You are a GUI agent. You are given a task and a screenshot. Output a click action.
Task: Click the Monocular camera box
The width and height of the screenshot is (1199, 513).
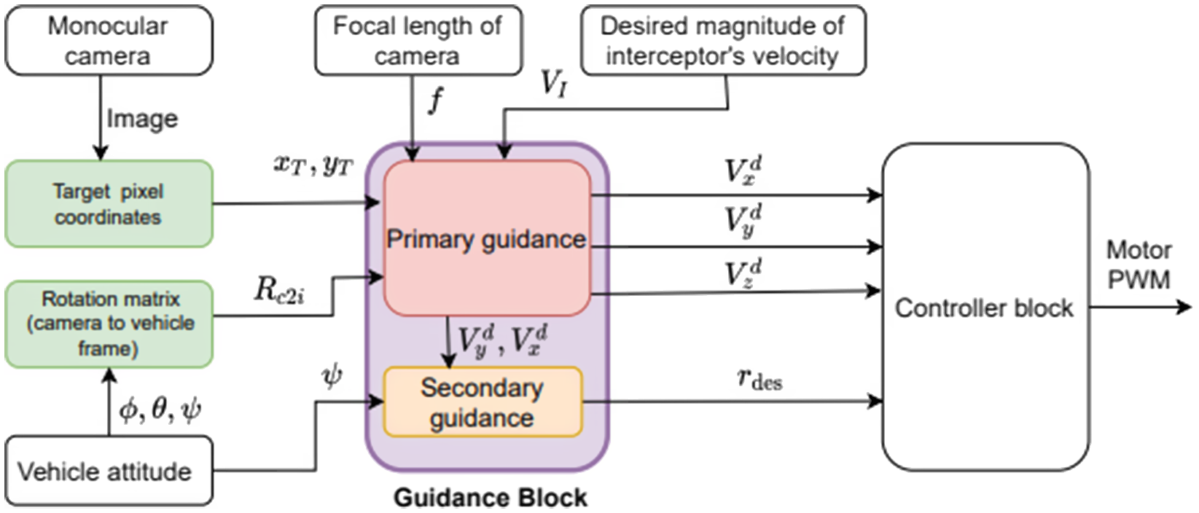click(109, 41)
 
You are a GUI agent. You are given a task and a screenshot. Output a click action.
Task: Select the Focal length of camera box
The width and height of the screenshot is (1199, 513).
click(418, 41)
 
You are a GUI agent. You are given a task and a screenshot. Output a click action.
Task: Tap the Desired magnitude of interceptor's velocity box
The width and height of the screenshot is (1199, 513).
click(722, 41)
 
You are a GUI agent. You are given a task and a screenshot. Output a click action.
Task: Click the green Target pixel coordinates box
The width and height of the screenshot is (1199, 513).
click(109, 204)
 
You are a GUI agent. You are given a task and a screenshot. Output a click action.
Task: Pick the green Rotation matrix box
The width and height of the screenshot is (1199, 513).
click(109, 324)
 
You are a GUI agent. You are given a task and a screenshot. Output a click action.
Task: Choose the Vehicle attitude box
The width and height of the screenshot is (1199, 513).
click(109, 471)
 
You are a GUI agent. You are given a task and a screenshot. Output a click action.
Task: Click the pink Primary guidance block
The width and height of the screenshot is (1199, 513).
click(486, 239)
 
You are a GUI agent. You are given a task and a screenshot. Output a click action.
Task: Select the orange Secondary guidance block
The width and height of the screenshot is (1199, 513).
click(483, 402)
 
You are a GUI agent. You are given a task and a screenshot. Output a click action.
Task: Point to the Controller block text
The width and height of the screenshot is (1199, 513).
click(984, 308)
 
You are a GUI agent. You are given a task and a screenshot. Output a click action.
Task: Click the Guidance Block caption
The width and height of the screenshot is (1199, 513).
click(490, 498)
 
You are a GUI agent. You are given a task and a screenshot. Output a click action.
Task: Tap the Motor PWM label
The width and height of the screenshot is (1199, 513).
click(1139, 265)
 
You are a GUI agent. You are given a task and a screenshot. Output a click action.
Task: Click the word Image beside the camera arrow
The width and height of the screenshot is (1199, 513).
click(142, 119)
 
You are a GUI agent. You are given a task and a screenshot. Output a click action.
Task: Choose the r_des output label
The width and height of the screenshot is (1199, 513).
click(759, 379)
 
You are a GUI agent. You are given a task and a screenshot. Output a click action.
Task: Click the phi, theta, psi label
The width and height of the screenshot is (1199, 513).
click(160, 410)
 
